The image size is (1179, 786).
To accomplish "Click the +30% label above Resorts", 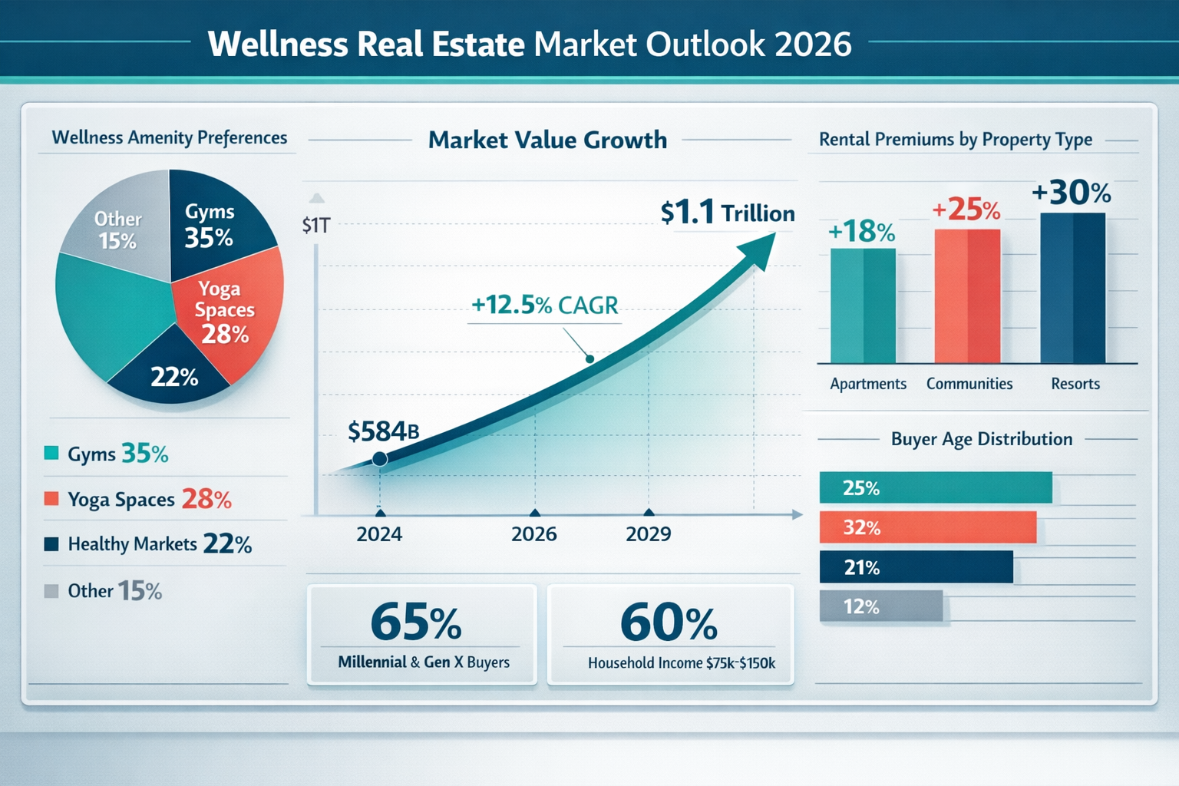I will click(1071, 193).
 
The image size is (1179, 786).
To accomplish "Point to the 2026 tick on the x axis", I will click(535, 513).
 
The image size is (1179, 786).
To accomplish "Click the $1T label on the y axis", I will click(315, 226).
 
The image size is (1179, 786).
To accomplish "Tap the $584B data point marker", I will click(379, 459).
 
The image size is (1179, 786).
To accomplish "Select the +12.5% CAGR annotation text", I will click(544, 305).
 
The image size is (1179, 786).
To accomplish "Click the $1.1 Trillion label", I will click(727, 213).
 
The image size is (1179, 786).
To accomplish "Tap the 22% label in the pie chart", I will click(174, 377).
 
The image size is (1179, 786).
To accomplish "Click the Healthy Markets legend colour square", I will click(51, 544).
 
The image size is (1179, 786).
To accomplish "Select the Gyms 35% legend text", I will click(117, 454).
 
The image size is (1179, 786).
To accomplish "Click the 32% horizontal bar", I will click(927, 527).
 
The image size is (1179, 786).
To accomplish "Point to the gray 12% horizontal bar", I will click(880, 606).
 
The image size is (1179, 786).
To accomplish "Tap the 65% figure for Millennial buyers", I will click(415, 623).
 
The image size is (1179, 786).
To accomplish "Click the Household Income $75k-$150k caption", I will click(681, 663).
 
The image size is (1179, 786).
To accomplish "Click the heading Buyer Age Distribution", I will click(981, 439).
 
